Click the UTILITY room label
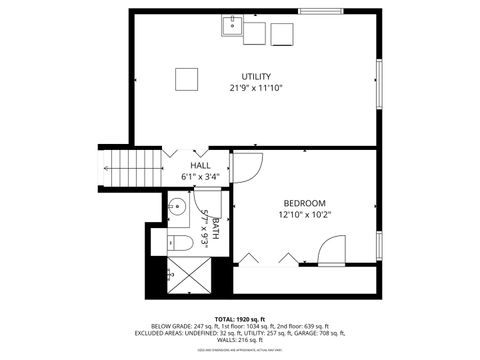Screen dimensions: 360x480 [255, 77]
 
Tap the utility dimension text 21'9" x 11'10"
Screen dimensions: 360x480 [255, 88]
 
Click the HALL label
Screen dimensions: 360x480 [200, 166]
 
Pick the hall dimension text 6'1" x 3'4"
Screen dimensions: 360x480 [200, 177]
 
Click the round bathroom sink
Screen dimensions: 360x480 [176, 209]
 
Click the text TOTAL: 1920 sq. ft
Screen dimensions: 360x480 [240, 318]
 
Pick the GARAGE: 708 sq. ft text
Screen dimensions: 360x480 [348, 333]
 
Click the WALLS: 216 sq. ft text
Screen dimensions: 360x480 [240, 340]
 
